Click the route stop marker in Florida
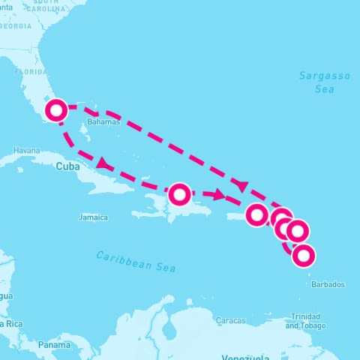[56, 111]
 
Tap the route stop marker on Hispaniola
[179, 195]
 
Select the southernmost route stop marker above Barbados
[303, 256]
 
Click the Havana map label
[26, 150]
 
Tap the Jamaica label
[93, 217]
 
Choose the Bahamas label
[103, 121]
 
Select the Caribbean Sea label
[135, 260]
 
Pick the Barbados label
[328, 285]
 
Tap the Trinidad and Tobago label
[307, 322]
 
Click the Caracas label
[230, 320]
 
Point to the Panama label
[53, 345]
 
